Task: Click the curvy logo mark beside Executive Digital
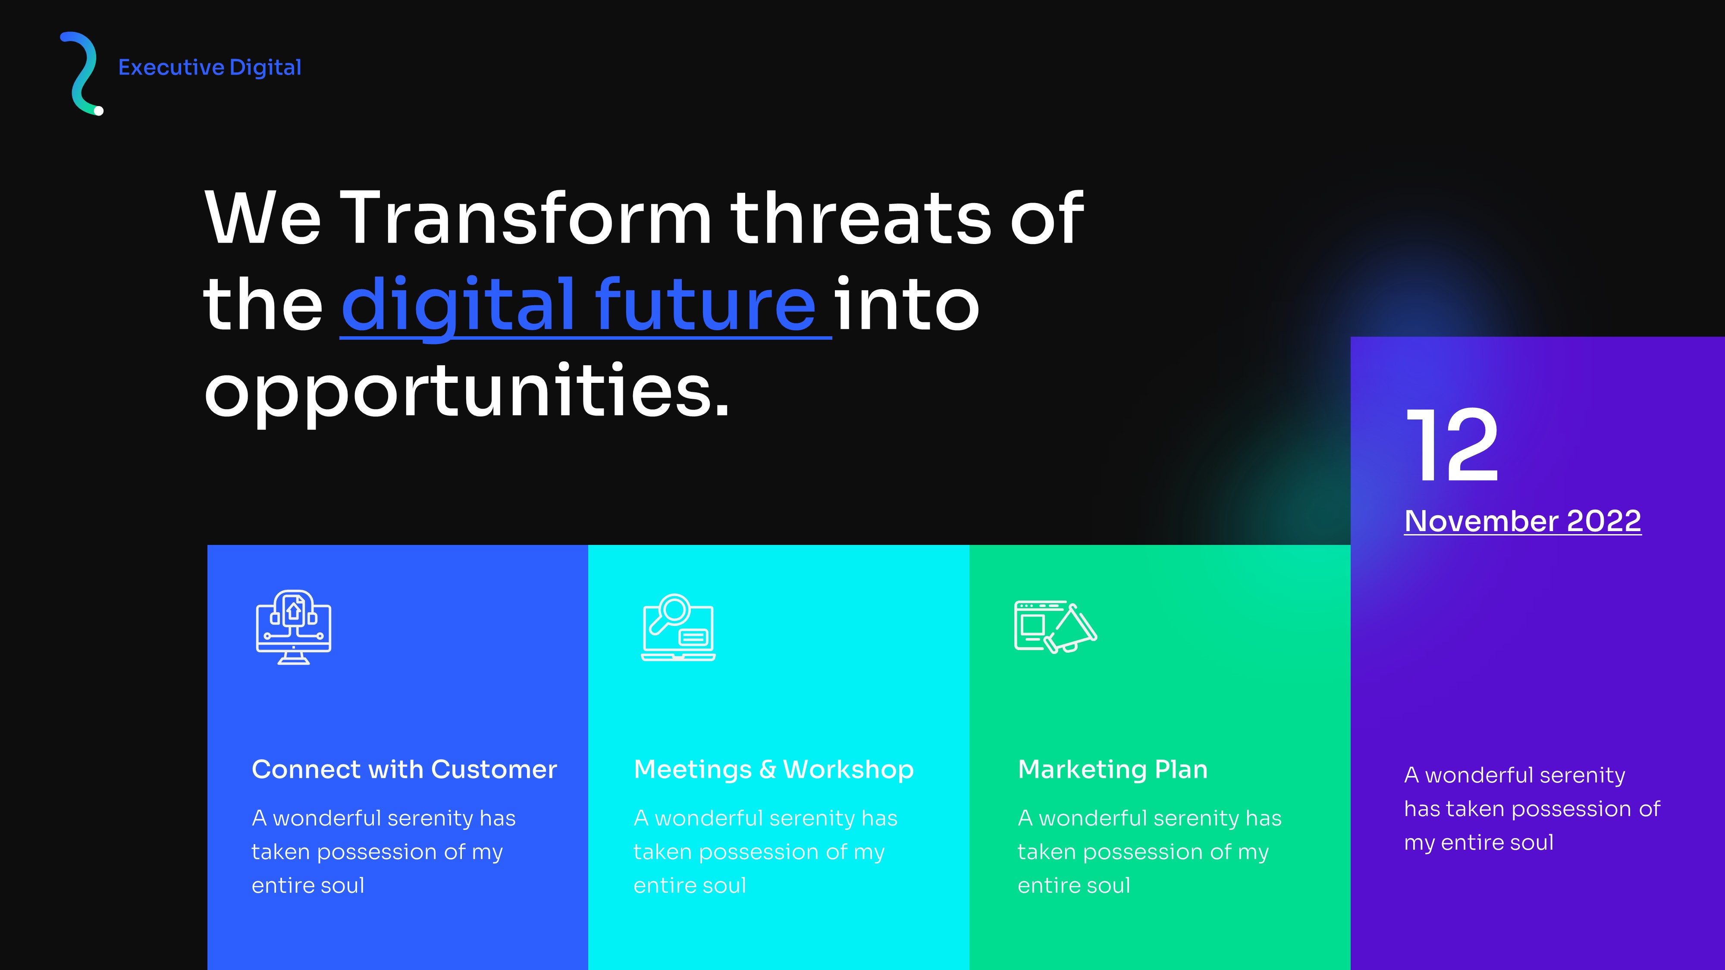pyautogui.click(x=82, y=72)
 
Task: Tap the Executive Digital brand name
pyautogui.click(x=210, y=68)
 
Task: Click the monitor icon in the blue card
pyautogui.click(x=293, y=627)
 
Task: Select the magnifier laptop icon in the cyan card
pyautogui.click(x=677, y=627)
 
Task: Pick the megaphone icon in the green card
pyautogui.click(x=1055, y=626)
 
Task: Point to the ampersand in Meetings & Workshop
pyautogui.click(x=768, y=770)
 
